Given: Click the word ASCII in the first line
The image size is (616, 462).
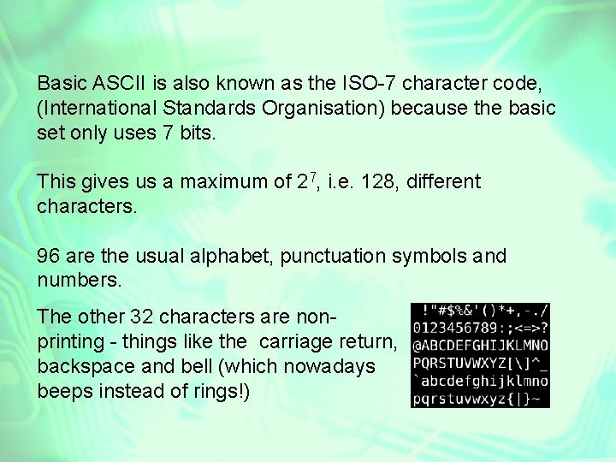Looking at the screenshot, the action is point(119,83).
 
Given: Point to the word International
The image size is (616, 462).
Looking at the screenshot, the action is point(97,108).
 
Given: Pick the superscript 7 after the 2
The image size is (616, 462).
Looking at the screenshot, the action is point(313,177).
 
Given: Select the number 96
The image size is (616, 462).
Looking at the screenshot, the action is point(49,256).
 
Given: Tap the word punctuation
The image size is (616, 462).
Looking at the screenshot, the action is point(333,257).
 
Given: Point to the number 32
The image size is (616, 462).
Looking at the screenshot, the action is point(141,317).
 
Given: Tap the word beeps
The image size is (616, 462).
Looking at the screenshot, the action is point(65,392).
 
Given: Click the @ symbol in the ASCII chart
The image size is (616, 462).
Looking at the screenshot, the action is point(418,346).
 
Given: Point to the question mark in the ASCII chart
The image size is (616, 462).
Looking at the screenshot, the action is point(544,328).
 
